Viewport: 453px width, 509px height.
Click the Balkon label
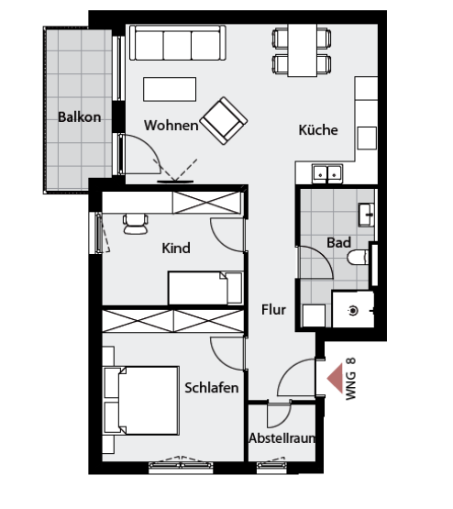coord(79,117)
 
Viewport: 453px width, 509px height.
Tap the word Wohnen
coord(171,126)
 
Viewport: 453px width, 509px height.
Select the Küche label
coord(318,130)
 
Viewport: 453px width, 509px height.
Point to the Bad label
coord(338,242)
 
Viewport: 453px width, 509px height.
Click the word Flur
coord(273,310)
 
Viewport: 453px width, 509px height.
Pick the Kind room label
coord(176,248)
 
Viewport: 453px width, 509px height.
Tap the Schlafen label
coord(212,388)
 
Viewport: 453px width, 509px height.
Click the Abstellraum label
coord(282,438)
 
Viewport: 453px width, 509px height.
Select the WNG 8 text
coord(351,379)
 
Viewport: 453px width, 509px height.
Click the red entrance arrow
coord(336,378)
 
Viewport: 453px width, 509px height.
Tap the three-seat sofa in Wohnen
coord(178,43)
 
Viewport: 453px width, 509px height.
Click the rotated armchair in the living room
coord(224,120)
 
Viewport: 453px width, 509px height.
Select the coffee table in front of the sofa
coord(170,89)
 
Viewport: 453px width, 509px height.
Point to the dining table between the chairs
coord(302,50)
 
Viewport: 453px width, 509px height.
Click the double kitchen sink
coord(327,173)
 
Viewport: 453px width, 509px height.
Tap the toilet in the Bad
coord(359,257)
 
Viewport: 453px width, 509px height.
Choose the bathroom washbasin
coord(367,215)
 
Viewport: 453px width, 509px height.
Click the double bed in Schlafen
coord(141,401)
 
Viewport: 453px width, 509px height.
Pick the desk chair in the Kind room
coord(136,224)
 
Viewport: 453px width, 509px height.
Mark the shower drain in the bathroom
coord(353,311)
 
